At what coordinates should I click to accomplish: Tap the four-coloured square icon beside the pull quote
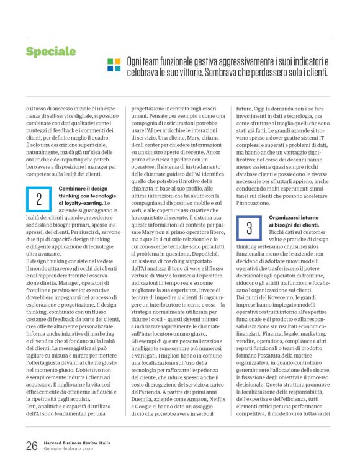point(114,65)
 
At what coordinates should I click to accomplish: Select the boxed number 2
point(38,182)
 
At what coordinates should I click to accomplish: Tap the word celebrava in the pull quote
point(143,73)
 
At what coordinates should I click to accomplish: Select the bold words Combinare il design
point(84,171)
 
